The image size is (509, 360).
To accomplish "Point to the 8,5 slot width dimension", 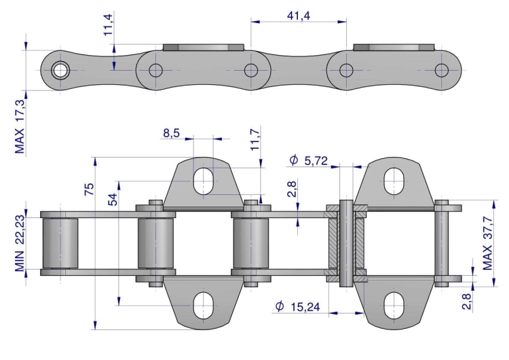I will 171,134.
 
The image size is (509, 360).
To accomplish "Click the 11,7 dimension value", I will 255,140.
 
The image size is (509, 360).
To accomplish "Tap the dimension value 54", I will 113,198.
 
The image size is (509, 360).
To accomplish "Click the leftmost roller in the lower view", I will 60,243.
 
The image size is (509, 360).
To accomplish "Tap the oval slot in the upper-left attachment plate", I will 203,181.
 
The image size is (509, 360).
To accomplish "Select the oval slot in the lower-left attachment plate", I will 203,305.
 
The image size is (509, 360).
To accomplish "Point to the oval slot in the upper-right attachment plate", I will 394,181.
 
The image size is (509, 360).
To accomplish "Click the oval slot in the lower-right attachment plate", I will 394,305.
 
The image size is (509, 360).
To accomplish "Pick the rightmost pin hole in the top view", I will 442,70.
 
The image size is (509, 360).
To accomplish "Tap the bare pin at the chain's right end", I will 442,243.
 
